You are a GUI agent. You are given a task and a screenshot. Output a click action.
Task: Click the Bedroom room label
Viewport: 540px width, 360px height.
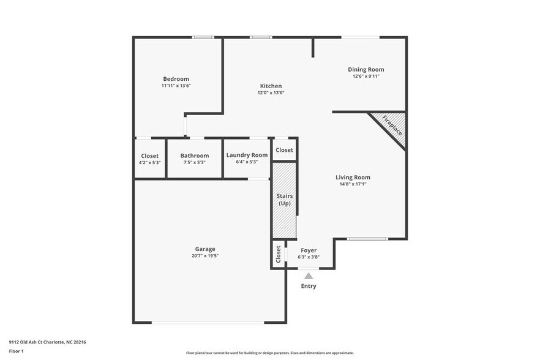click(x=176, y=79)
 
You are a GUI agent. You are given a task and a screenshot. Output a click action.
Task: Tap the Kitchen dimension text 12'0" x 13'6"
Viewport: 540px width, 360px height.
click(x=271, y=93)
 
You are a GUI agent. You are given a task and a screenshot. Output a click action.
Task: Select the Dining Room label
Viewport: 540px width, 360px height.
click(x=366, y=70)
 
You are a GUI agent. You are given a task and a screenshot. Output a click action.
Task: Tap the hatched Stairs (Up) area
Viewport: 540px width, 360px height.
click(x=284, y=200)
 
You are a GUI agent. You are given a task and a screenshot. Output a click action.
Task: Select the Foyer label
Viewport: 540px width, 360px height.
click(x=309, y=250)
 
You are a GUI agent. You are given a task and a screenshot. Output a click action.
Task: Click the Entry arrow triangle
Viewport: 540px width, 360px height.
click(x=309, y=276)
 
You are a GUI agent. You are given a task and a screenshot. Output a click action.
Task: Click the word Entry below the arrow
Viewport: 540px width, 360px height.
click(x=309, y=286)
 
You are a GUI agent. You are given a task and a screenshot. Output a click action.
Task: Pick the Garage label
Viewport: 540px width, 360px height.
click(x=204, y=249)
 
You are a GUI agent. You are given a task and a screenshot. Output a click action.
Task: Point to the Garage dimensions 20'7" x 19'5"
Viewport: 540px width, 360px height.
click(x=204, y=256)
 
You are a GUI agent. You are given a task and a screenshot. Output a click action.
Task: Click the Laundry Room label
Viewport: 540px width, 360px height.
click(x=247, y=156)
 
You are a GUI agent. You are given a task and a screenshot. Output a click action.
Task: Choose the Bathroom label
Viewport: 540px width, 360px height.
click(x=194, y=156)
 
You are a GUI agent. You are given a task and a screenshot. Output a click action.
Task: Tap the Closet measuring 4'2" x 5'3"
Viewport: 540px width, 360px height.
click(x=149, y=159)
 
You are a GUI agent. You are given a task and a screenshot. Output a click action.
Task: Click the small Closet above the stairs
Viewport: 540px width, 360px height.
click(x=284, y=150)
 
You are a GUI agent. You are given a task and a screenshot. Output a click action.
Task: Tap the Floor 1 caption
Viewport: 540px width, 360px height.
click(x=16, y=351)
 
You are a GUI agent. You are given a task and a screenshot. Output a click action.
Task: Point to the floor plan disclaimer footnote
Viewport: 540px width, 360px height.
click(x=269, y=353)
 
